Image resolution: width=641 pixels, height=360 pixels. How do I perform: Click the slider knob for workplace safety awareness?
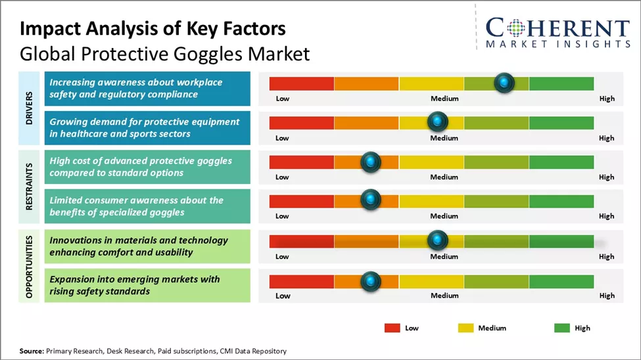point(504,83)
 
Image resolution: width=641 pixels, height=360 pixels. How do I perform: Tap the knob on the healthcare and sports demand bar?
point(437,122)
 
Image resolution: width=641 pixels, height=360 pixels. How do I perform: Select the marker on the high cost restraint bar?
point(371,162)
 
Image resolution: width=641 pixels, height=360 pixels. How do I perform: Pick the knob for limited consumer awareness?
point(371,200)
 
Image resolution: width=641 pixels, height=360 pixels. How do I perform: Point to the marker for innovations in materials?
point(437,241)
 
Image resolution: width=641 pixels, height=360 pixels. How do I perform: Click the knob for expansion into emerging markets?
point(371,281)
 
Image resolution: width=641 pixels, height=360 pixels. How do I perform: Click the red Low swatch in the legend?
point(392,328)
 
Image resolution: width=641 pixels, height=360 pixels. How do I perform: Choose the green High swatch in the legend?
point(562,328)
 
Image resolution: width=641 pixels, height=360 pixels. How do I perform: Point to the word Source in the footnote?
point(32,351)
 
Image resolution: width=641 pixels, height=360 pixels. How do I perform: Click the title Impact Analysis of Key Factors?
point(153,29)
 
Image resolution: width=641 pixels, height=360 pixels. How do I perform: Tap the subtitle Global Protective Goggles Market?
point(164,53)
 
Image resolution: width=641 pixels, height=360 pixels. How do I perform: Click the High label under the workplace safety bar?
point(606,99)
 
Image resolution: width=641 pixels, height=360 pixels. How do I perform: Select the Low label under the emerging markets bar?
point(283,296)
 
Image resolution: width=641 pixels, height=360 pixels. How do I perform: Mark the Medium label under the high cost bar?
point(444,177)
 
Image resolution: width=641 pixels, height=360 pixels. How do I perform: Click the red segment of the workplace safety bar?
point(302,83)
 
